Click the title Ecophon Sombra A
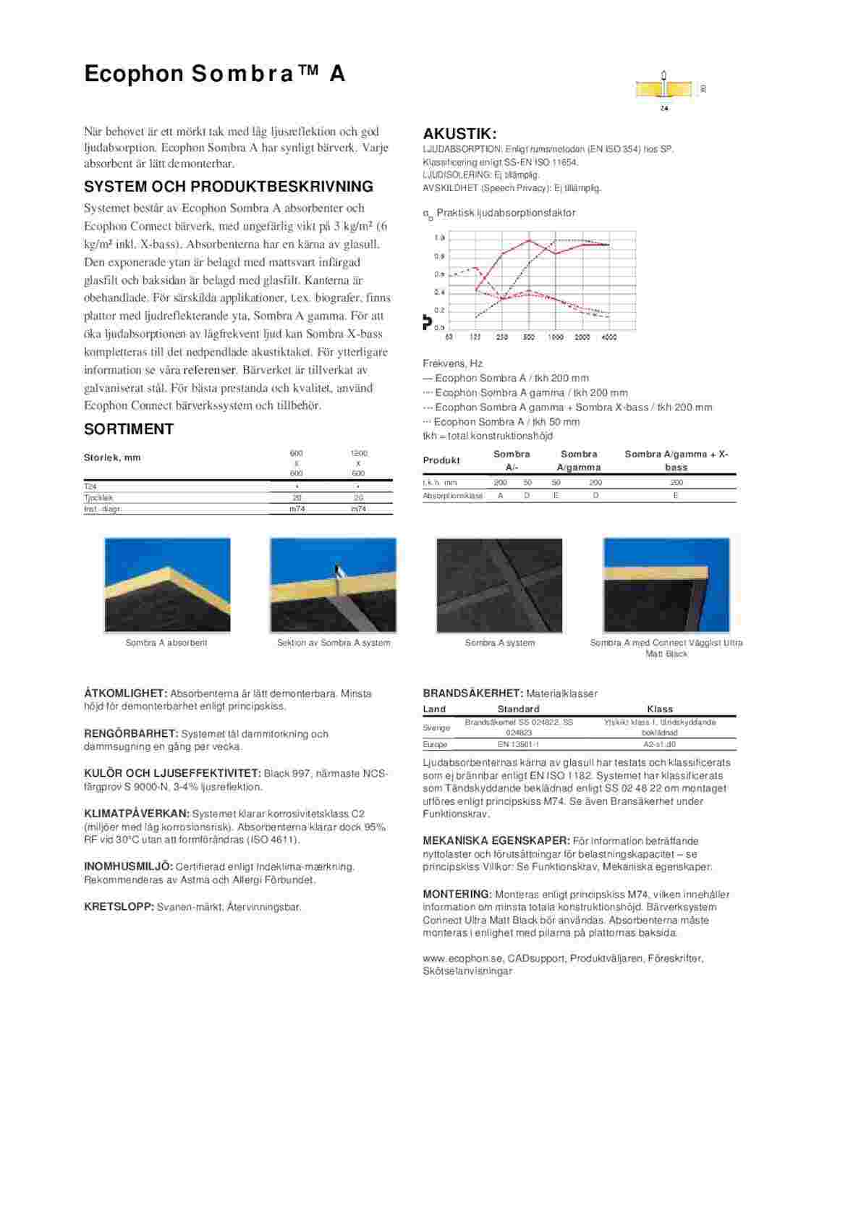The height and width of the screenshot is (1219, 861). click(x=215, y=74)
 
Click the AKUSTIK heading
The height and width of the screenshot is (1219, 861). click(x=459, y=134)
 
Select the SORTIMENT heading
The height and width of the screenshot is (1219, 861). click(x=129, y=429)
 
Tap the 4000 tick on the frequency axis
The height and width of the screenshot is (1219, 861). click(x=609, y=337)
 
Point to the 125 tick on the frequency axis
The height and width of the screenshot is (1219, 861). click(x=475, y=337)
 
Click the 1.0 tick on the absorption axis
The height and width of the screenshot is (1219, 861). click(x=439, y=238)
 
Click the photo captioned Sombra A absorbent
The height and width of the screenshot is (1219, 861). click(x=167, y=585)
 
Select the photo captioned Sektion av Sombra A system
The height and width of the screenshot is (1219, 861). click(x=334, y=585)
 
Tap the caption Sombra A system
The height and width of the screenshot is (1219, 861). click(x=500, y=643)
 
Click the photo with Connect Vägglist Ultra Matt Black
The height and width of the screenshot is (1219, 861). click(x=666, y=585)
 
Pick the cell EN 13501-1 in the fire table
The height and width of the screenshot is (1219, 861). click(x=518, y=744)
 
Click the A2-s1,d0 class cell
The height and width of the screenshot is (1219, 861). click(x=659, y=744)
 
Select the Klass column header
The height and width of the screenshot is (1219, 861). click(x=659, y=709)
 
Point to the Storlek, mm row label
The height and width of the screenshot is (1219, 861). click(x=112, y=457)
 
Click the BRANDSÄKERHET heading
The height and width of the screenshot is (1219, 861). click(x=472, y=693)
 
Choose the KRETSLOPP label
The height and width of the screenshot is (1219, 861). click(x=119, y=906)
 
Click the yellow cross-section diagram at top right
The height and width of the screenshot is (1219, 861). click(x=664, y=89)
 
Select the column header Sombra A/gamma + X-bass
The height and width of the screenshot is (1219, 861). click(x=676, y=460)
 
